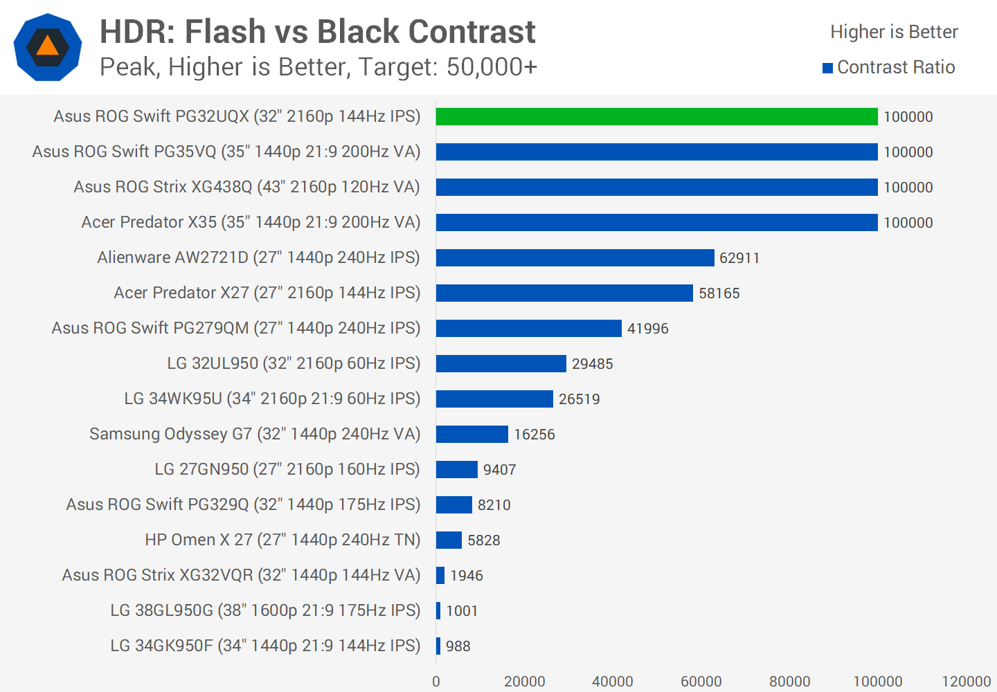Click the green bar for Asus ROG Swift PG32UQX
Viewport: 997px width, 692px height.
pos(656,116)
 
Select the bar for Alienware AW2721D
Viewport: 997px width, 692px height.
pos(575,257)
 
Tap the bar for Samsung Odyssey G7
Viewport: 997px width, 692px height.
pos(471,434)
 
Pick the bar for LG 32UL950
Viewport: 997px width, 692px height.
pos(501,363)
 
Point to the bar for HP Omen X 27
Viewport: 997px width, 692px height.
pos(449,540)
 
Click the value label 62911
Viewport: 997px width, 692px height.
pos(739,258)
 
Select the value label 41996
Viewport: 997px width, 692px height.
pos(647,329)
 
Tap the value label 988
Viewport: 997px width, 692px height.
pos(458,646)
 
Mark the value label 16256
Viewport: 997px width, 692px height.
pos(534,435)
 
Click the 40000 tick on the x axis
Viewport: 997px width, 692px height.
pos(612,682)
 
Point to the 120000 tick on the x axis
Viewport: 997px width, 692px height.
pos(966,682)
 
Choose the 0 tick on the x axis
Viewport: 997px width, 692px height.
pos(436,682)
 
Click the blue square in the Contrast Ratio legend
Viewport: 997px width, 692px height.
pos(827,68)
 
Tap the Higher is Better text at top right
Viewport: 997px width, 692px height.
pos(894,32)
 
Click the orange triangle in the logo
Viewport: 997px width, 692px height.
pos(47,46)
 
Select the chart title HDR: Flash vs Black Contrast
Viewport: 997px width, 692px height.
pos(317,32)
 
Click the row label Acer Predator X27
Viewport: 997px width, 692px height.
pos(267,293)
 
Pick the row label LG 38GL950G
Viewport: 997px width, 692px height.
pos(265,610)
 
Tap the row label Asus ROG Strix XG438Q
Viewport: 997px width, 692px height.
pos(246,187)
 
